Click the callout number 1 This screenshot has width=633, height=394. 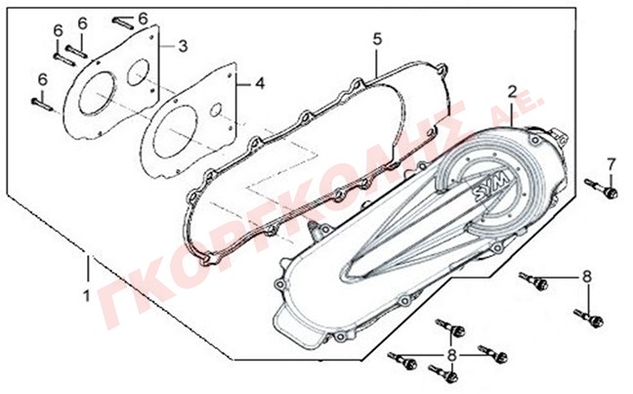[87, 296]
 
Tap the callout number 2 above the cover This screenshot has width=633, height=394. [512, 93]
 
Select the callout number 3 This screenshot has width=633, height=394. [183, 46]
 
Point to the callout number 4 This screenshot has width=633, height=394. [260, 84]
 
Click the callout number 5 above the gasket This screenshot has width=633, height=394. [377, 39]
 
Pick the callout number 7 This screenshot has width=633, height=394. [612, 164]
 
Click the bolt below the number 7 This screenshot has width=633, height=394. [601, 189]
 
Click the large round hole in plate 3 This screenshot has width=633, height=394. [98, 93]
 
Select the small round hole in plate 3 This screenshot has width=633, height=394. [139, 72]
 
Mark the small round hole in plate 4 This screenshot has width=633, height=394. [216, 109]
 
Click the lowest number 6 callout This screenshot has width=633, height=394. [43, 79]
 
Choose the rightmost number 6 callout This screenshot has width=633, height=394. [143, 18]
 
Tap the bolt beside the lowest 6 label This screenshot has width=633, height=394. [42, 105]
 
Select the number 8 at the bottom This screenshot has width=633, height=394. [452, 355]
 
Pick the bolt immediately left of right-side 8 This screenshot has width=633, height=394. [533, 280]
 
